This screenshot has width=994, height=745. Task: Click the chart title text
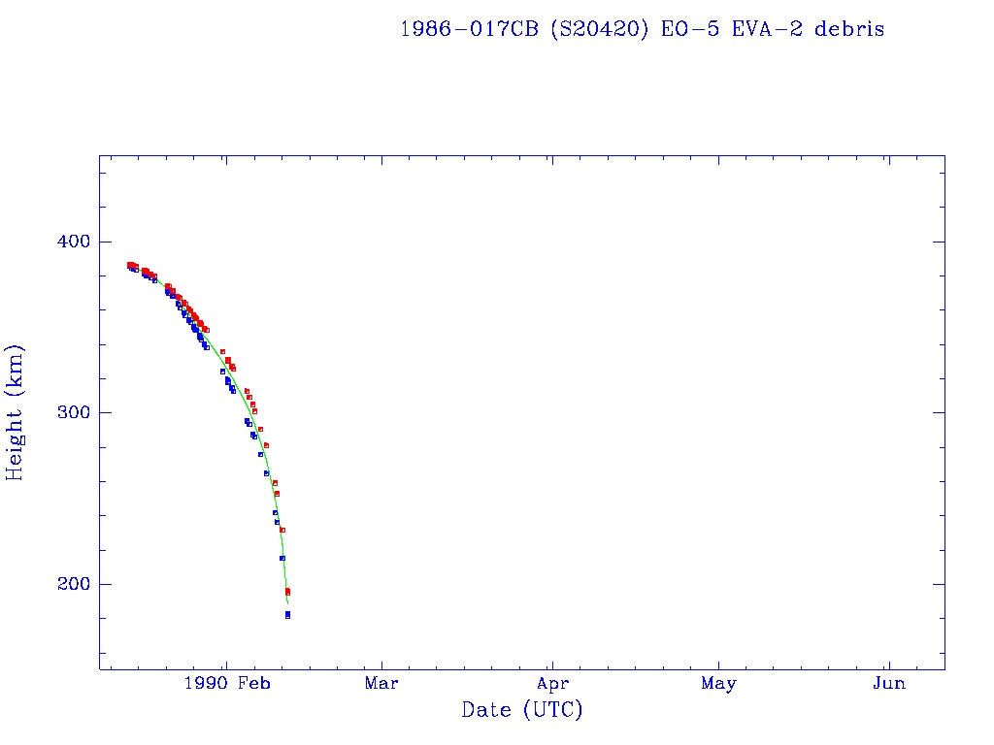pyautogui.click(x=642, y=29)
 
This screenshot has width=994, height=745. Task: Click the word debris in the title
pyautogui.click(x=849, y=29)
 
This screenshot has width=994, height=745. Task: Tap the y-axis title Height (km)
pyautogui.click(x=16, y=412)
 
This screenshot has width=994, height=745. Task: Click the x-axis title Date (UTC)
pyautogui.click(x=522, y=710)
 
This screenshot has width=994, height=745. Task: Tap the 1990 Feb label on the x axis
pyautogui.click(x=225, y=684)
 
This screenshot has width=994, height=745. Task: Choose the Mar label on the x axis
pyautogui.click(x=381, y=684)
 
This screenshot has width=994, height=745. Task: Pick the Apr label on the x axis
pyautogui.click(x=552, y=684)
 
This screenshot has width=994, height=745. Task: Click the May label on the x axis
pyautogui.click(x=718, y=684)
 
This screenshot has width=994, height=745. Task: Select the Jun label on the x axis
pyautogui.click(x=889, y=684)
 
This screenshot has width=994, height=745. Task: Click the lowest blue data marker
pyautogui.click(x=287, y=615)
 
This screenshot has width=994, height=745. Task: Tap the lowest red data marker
pyautogui.click(x=287, y=592)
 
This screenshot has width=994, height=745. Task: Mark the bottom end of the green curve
pyautogui.click(x=287, y=603)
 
